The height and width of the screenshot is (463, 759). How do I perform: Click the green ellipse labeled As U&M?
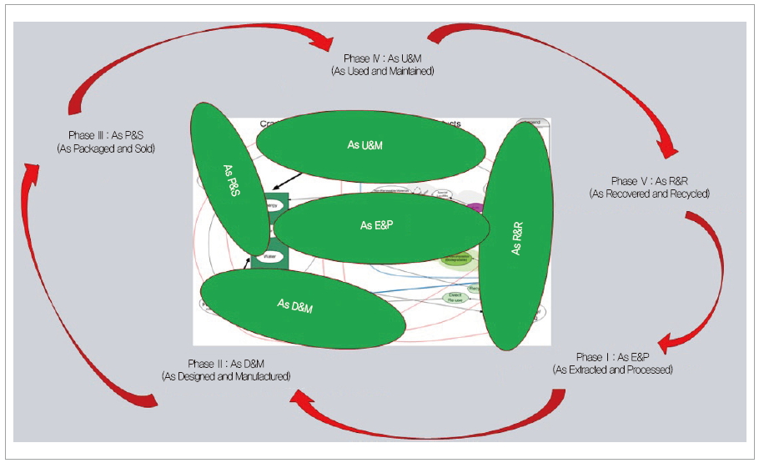[370, 146]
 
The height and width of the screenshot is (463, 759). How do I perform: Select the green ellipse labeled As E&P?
[380, 225]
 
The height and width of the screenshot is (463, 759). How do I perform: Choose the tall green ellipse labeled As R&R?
[516, 242]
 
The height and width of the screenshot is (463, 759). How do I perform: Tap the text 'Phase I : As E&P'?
[612, 356]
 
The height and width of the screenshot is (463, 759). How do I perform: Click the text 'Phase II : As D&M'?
[226, 364]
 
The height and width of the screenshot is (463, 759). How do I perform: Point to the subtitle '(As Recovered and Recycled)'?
[649, 194]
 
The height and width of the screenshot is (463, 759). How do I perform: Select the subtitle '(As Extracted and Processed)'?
[612, 369]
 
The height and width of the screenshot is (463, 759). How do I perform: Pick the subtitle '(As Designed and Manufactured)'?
[226, 376]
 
